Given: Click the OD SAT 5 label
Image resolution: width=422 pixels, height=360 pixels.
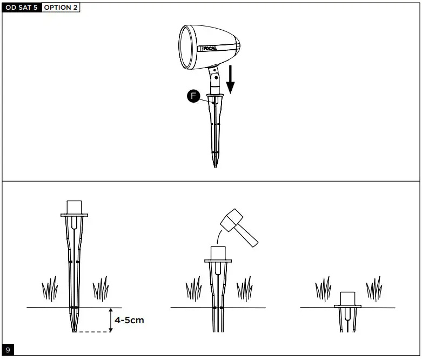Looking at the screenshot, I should [21, 8].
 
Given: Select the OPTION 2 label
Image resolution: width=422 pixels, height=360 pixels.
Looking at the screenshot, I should [61, 8].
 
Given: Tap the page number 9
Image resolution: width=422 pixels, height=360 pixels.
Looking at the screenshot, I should [8, 350].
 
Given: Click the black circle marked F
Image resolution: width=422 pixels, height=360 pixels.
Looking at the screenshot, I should [193, 96].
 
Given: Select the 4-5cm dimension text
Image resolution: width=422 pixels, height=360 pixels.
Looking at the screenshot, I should [129, 319].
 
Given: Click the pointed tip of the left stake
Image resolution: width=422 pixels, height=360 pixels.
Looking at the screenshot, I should [73, 329].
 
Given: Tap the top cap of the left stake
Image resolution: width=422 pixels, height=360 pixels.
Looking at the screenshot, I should [73, 208].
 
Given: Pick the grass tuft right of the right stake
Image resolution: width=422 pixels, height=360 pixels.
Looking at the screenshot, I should [373, 289].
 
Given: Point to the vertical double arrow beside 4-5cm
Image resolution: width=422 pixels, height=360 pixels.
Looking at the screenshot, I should [110, 319].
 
